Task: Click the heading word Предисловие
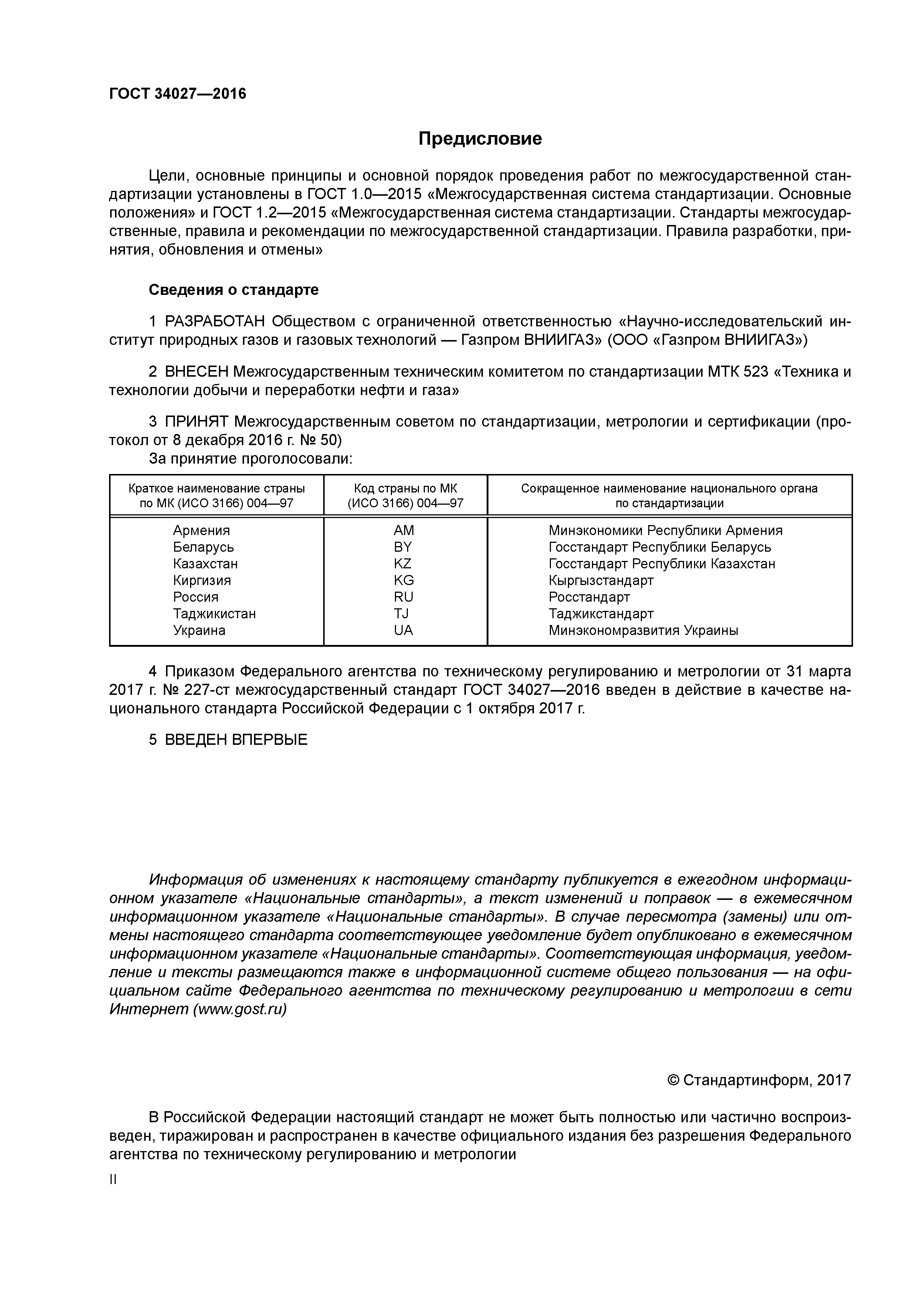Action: pos(480,138)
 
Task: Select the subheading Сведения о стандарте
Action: pos(233,290)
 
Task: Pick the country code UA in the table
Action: pos(403,630)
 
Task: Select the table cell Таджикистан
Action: pos(214,613)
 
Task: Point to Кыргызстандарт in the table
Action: pos(600,581)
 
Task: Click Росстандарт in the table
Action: pos(589,597)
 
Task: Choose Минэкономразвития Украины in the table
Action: pos(643,630)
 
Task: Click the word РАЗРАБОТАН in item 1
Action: pos(215,322)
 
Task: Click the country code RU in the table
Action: pos(403,597)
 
